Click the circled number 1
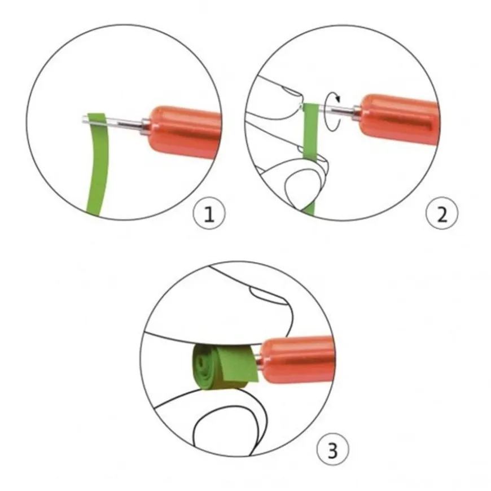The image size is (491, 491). [209, 213]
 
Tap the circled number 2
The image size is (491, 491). [442, 213]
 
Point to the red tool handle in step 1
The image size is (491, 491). [185, 131]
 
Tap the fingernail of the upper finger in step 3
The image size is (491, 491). [269, 296]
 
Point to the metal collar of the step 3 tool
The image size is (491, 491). [259, 360]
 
